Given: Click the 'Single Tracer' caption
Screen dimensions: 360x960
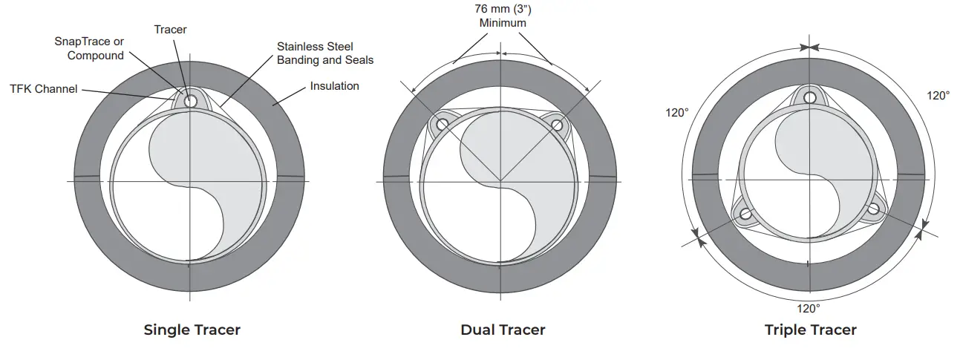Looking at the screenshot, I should [192, 330].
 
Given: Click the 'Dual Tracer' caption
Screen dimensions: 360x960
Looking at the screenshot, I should [503, 330].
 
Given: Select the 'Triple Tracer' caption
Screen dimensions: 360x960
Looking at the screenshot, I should [810, 330].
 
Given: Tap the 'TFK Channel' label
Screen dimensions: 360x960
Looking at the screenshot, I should [43, 89].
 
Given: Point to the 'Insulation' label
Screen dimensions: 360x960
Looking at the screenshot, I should [334, 86].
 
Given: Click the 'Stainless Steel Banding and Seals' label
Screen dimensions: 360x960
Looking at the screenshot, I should [324, 53].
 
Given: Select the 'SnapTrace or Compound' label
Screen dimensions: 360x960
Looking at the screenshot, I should [88, 49].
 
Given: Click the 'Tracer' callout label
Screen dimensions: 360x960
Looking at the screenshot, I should [170, 30].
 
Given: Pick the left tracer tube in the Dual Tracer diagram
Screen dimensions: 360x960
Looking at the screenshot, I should [442, 125].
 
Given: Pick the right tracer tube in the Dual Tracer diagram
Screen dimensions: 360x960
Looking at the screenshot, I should [556, 125].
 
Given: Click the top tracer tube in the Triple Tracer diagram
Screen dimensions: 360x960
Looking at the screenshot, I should [809, 99].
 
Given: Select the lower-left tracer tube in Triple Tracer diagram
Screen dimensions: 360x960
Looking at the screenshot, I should [745, 215].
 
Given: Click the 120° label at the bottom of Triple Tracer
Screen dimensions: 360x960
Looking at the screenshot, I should [808, 308].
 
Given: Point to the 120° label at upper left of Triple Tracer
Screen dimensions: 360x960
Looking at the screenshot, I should [677, 112].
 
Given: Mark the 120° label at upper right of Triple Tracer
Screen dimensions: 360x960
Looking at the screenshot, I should [938, 96].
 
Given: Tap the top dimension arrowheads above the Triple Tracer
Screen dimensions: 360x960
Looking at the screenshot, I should [809, 48].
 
